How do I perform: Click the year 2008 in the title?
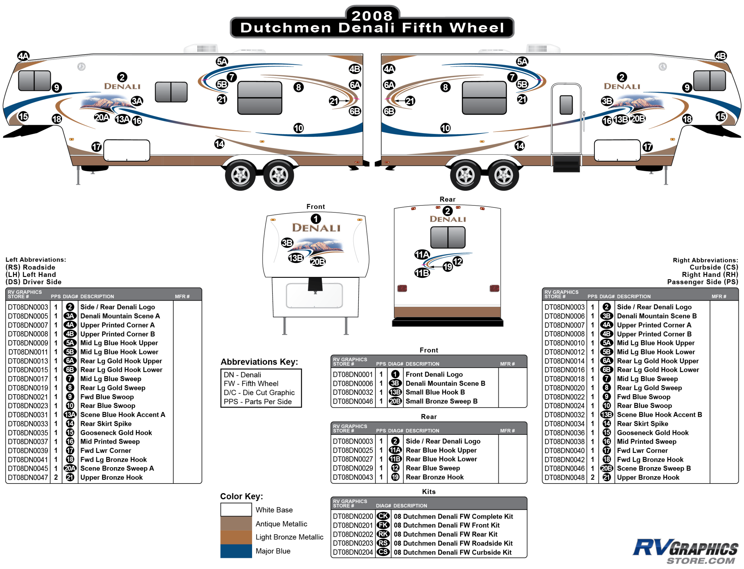(x=372, y=15)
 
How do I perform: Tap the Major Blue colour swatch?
(x=236, y=551)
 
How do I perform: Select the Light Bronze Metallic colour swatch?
(x=236, y=537)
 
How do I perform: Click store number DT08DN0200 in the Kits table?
(x=353, y=516)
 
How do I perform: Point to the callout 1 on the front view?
(x=315, y=219)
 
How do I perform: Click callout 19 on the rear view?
(x=448, y=266)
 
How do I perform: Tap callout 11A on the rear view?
(x=422, y=254)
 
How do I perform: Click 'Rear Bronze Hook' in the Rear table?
(x=434, y=477)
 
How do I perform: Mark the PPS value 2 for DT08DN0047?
(x=56, y=477)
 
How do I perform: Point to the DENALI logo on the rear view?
(x=448, y=219)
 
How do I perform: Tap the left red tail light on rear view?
(x=402, y=288)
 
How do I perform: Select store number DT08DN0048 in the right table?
(x=564, y=477)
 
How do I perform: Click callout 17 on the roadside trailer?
(x=96, y=147)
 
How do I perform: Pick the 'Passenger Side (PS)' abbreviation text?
(x=702, y=282)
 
